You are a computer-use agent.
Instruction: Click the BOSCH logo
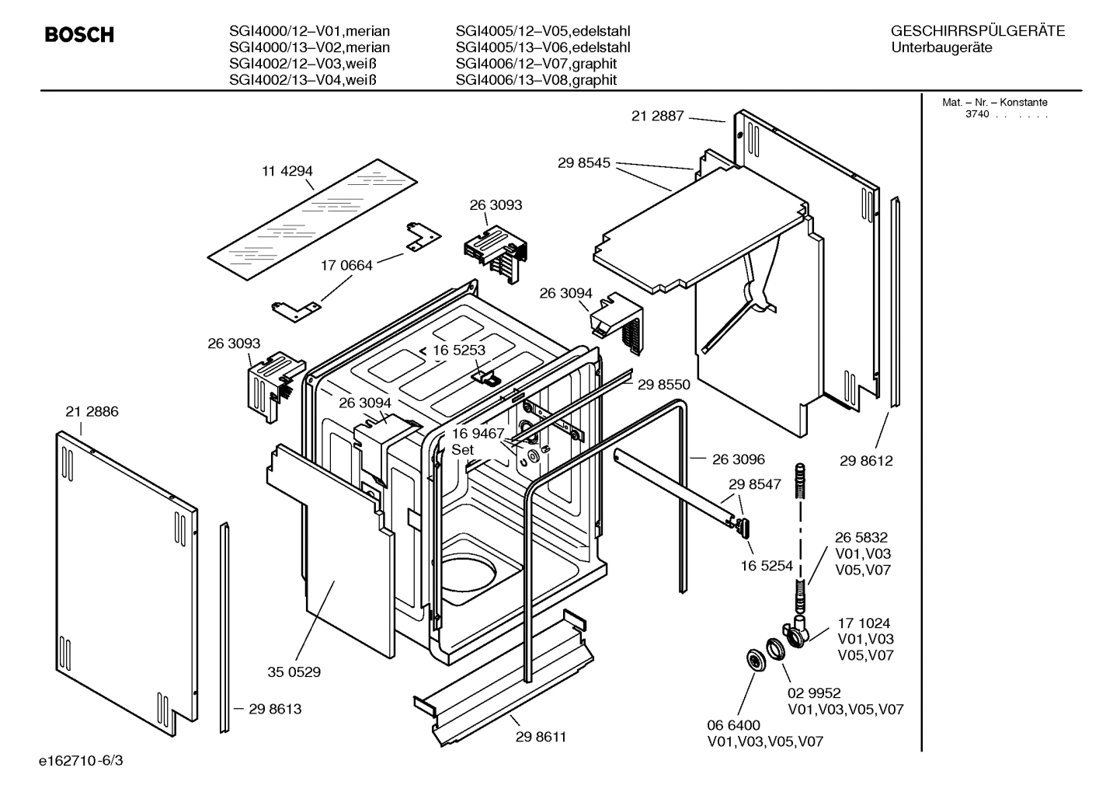point(79,35)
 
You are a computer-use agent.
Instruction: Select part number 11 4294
point(287,171)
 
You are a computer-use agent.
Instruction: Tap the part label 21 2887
point(657,116)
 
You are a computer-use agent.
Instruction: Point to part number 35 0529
point(294,672)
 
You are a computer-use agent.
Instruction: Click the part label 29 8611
point(541,737)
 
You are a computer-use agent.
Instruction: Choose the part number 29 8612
point(866,461)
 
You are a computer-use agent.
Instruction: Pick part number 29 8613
point(275,709)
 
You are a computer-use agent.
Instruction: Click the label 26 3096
point(739,459)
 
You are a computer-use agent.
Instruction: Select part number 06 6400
point(733,725)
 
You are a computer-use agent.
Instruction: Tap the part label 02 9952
point(814,693)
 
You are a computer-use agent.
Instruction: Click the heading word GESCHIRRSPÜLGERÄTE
point(977,32)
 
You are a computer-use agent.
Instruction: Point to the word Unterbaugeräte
point(941,47)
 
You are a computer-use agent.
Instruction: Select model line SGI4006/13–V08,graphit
point(536,80)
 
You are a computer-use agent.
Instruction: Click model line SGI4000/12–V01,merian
point(309,32)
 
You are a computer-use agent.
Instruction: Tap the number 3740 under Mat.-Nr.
point(977,114)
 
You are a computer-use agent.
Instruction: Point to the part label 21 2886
point(92,412)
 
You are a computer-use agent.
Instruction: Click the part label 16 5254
point(767,566)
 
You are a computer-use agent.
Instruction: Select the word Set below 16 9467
point(463,450)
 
